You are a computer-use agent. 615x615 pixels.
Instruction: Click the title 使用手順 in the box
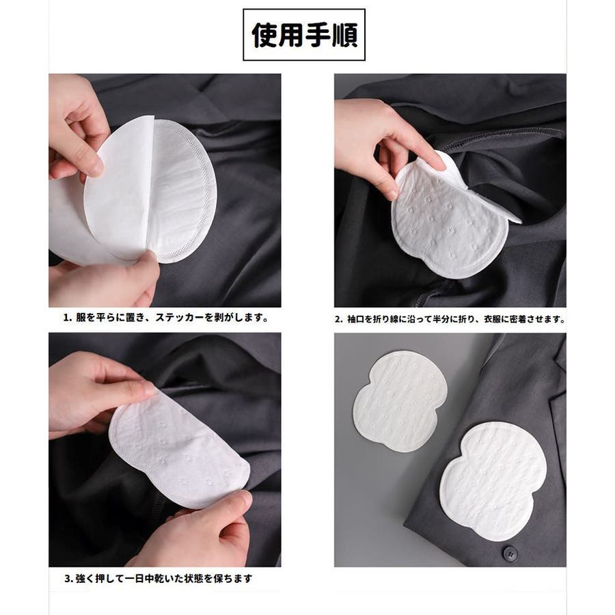304,36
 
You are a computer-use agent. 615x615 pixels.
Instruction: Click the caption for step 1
166,317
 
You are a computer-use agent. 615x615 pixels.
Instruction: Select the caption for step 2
450,319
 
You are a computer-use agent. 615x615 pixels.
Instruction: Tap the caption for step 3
158,578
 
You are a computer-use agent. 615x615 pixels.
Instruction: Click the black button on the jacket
510,553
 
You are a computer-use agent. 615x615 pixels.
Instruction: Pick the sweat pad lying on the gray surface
400,402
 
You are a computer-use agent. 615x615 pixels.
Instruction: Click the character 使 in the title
264,36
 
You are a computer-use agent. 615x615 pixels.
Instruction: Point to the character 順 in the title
345,36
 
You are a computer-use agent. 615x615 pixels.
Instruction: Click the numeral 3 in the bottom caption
68,579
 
